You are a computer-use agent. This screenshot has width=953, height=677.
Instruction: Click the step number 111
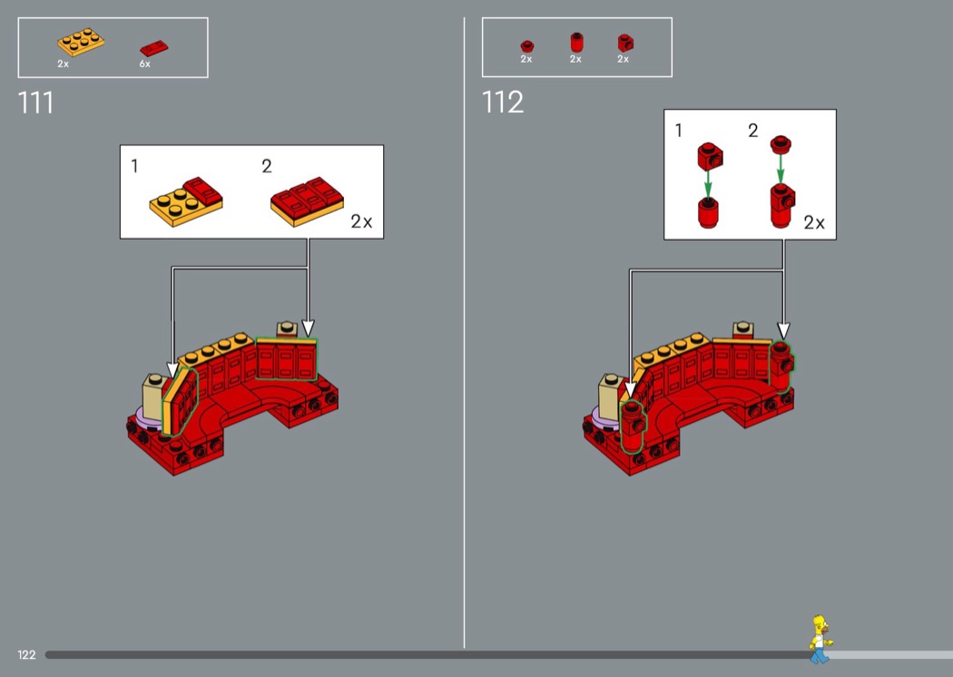click(35, 103)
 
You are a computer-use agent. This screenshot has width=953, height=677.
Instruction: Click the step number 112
click(502, 103)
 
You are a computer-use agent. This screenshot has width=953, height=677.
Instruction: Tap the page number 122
click(26, 654)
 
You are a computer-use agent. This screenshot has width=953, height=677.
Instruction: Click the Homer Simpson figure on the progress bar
click(820, 639)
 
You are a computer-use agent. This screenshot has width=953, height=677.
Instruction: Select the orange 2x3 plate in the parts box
click(81, 42)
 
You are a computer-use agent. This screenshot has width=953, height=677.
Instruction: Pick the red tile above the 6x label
click(153, 48)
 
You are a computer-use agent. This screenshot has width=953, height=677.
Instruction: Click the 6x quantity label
click(144, 64)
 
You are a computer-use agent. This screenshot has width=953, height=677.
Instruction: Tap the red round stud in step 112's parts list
click(527, 46)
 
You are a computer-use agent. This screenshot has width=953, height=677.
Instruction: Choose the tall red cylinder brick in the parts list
click(576, 43)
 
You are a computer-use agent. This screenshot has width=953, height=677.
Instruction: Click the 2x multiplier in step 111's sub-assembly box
click(361, 221)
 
